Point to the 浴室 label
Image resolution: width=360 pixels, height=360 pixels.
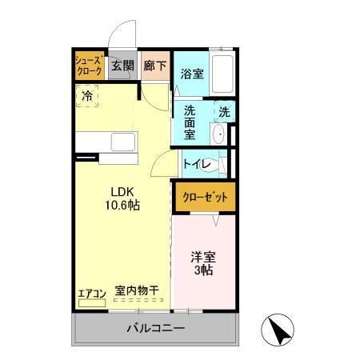191,74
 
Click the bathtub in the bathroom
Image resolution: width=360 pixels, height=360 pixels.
223,74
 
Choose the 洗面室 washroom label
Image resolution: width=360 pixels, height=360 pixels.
190,122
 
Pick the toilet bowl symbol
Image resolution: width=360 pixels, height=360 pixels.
221,165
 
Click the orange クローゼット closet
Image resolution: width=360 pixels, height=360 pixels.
205,196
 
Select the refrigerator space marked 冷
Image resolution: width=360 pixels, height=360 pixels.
87,95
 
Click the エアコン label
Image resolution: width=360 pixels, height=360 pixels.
91,293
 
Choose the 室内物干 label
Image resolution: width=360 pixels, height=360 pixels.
137,292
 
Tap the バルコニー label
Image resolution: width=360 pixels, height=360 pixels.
156,329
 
